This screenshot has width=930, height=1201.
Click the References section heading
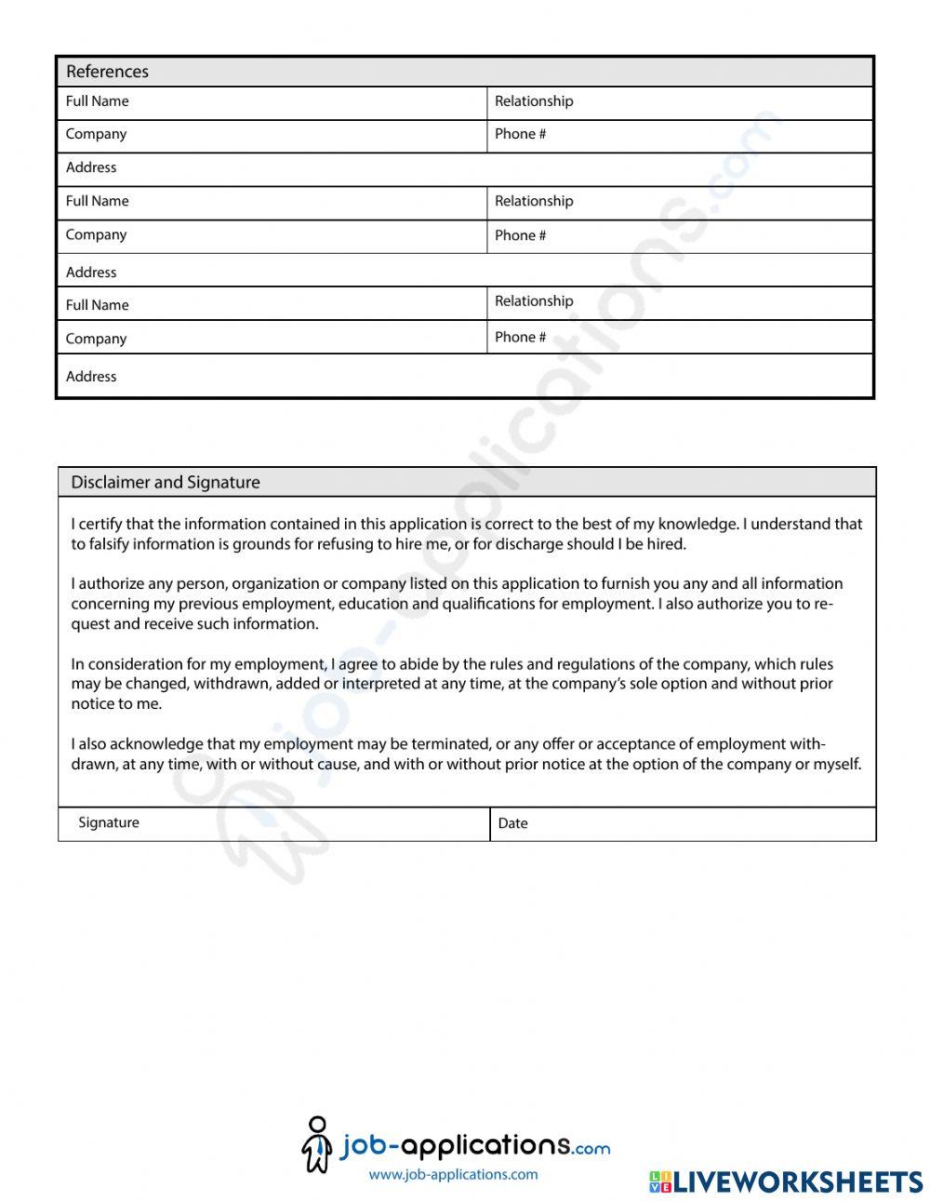point(107,72)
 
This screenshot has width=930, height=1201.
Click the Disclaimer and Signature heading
point(165,482)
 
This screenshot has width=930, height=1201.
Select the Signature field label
point(109,822)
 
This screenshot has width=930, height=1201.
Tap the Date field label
point(512,823)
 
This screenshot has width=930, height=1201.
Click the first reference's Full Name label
point(97,101)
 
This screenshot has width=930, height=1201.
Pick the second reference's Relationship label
point(534,201)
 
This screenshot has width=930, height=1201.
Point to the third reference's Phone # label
point(520,337)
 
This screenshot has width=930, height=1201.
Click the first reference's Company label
point(96,134)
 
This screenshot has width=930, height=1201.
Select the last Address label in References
point(91,377)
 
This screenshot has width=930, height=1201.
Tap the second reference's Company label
point(96,235)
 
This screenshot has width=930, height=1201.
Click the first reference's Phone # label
point(520,134)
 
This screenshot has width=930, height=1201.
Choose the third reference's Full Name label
point(97,305)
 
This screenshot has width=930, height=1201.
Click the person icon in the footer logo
point(317,1144)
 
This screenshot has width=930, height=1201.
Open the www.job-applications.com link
point(453,1174)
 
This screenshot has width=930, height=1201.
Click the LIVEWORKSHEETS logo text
point(797,1181)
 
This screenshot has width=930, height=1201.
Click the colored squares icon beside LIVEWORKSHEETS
point(659,1181)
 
